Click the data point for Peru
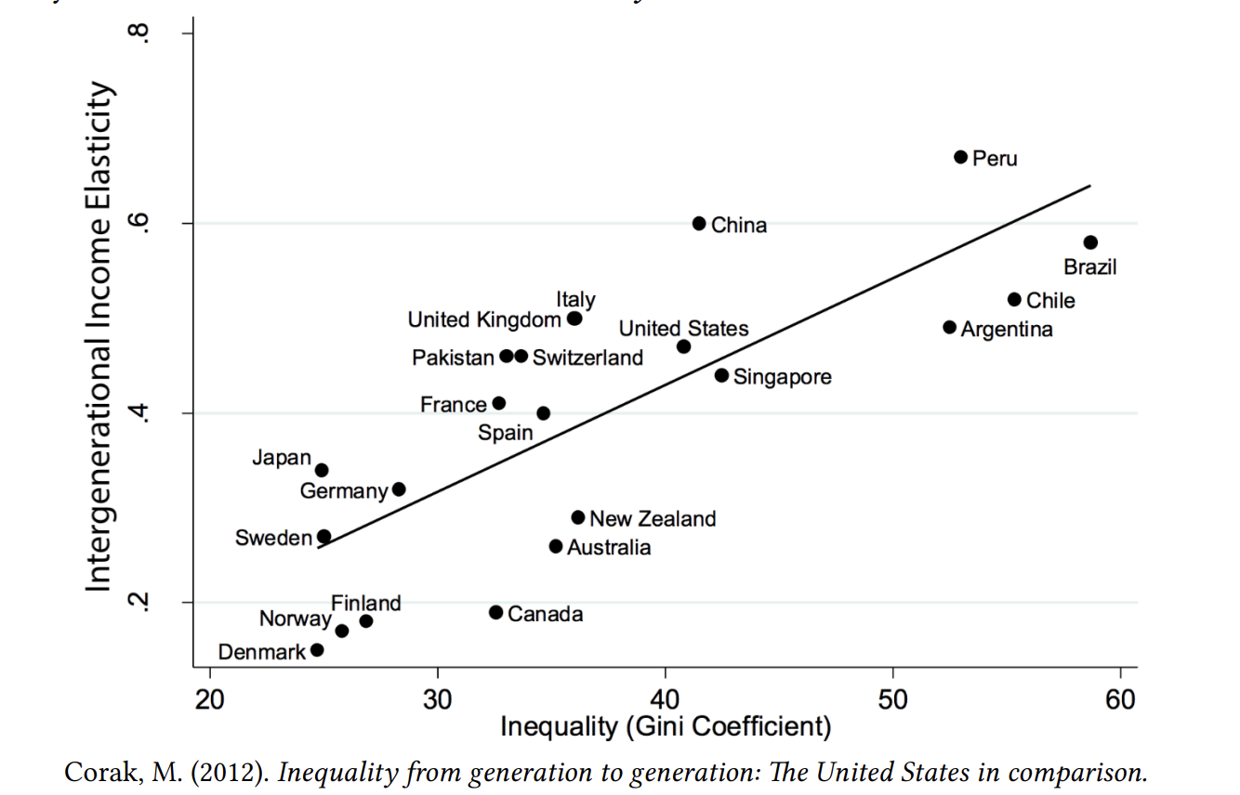click(x=960, y=157)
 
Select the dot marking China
click(x=699, y=224)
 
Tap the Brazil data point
click(x=1090, y=242)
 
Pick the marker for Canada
click(x=495, y=613)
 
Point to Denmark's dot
click(x=317, y=650)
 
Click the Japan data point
click(x=322, y=471)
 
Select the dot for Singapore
click(x=721, y=375)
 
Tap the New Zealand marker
click(x=578, y=517)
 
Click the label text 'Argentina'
click(x=1007, y=330)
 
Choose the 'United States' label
click(x=683, y=329)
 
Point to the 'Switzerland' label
click(x=587, y=358)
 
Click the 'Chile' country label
click(x=1050, y=301)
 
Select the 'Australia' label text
click(x=609, y=548)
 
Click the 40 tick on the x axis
click(x=666, y=699)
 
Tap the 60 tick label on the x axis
click(x=1121, y=699)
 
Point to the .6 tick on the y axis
click(x=139, y=224)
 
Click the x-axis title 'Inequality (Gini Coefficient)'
click(x=665, y=727)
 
